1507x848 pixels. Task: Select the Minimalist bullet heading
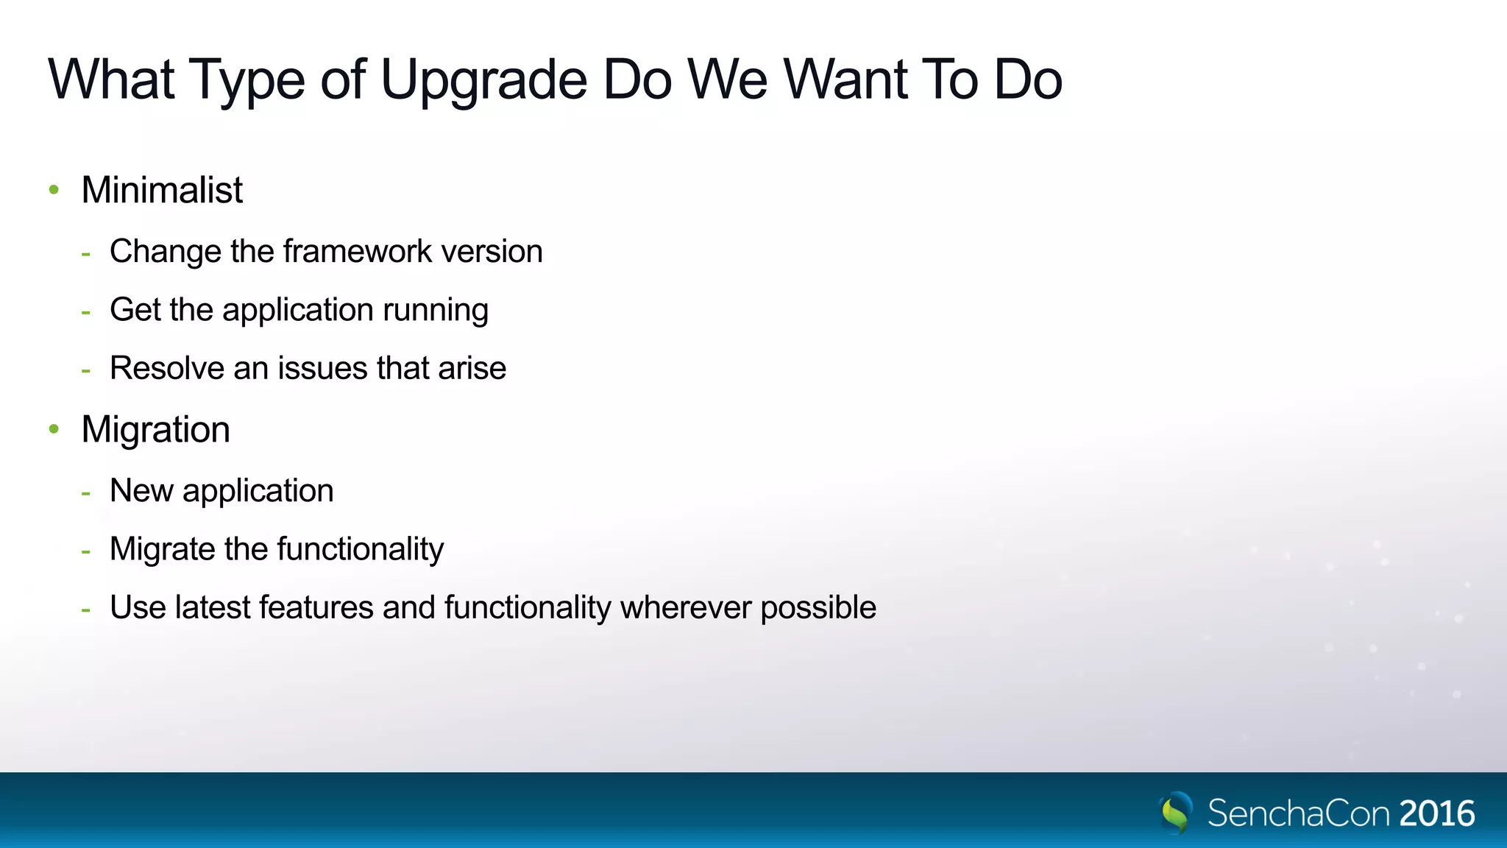tap(162, 190)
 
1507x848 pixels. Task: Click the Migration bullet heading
tap(155, 429)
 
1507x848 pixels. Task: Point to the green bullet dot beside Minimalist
tap(54, 190)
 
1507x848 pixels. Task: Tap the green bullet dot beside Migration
tap(54, 429)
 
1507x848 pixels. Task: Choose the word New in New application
tap(141, 491)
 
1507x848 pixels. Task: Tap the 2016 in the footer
tap(1437, 813)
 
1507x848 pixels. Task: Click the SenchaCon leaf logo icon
tap(1176, 812)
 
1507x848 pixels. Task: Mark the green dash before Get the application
tap(86, 312)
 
